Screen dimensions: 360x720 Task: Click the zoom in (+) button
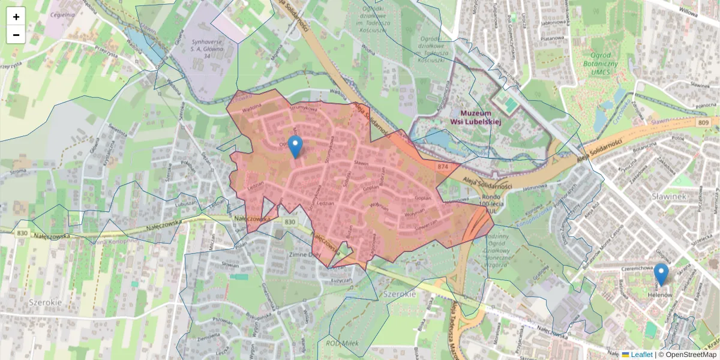click(x=16, y=17)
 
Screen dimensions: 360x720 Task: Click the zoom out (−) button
click(x=16, y=35)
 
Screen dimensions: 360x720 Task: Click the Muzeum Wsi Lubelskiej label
click(x=476, y=117)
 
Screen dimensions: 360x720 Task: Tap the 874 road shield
click(x=443, y=166)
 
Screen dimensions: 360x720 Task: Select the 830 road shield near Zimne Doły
click(x=290, y=222)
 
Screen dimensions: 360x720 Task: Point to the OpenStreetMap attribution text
click(x=690, y=355)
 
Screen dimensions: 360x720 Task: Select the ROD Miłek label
click(x=342, y=343)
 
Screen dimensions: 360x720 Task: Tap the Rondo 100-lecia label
click(x=495, y=205)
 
